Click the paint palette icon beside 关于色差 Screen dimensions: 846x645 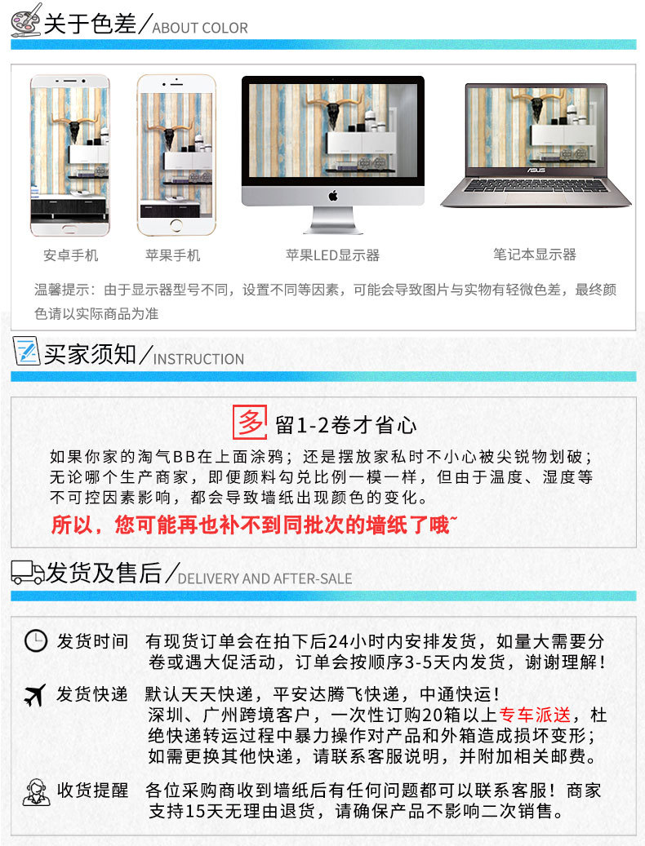tap(26, 20)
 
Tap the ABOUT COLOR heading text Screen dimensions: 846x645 tap(200, 28)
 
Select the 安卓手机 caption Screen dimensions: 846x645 tap(70, 255)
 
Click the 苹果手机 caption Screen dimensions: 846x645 tap(172, 255)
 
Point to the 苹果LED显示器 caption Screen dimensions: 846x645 tap(332, 255)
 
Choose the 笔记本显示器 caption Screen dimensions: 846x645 tap(535, 255)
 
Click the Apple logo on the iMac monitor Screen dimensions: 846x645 tap(332, 196)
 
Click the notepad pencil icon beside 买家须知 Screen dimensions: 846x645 tap(26, 352)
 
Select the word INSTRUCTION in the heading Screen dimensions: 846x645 tap(198, 359)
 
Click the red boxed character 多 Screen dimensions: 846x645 tap(251, 423)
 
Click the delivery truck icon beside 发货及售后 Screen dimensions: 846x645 tap(28, 572)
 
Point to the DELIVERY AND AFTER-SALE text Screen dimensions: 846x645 tap(265, 578)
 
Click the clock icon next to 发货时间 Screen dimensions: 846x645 tap(36, 641)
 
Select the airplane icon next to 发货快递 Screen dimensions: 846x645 tap(35, 696)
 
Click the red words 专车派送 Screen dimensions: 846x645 tap(535, 715)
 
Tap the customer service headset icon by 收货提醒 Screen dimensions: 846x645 tap(36, 791)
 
